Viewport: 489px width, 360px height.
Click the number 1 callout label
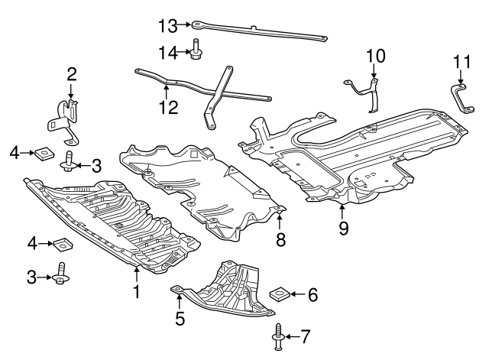click(x=137, y=290)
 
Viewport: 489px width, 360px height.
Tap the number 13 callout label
click(x=167, y=26)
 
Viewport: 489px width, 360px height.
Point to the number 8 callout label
click(x=280, y=239)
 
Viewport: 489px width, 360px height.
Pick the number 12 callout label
click(x=169, y=107)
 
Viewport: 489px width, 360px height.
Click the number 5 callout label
click(x=180, y=319)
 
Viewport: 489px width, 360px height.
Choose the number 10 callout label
click(x=376, y=56)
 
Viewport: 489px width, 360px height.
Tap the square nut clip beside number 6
click(x=280, y=294)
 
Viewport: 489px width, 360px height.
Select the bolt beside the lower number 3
click(x=60, y=277)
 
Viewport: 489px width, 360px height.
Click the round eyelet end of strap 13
click(x=197, y=25)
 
